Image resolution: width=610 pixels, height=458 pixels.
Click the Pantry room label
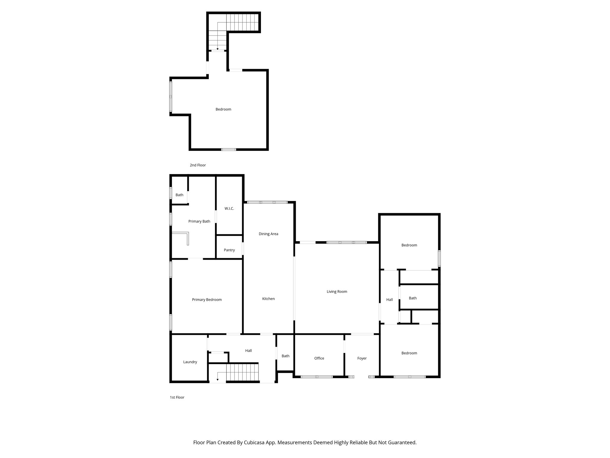(229, 250)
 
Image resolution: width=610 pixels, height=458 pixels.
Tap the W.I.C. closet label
(229, 208)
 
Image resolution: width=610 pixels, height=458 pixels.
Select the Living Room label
(337, 292)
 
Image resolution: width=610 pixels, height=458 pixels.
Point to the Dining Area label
(268, 234)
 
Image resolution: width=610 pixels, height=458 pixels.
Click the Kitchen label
(268, 299)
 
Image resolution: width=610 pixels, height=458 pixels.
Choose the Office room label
(319, 358)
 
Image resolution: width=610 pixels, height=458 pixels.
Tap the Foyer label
(362, 358)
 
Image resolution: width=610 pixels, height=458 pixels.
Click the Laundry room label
(190, 362)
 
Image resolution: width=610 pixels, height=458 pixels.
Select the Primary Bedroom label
(207, 300)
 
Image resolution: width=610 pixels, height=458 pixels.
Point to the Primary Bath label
(199, 221)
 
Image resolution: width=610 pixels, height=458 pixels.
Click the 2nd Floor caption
(198, 165)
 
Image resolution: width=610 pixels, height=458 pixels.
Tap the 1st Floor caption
(177, 397)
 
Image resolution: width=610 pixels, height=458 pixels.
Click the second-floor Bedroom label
(223, 109)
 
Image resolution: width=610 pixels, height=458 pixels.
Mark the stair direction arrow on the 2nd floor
(217, 49)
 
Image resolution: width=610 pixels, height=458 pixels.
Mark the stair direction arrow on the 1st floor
(217, 379)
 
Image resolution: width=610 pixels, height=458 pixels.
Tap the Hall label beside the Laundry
(248, 351)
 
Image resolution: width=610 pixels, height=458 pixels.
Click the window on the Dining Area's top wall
(267, 202)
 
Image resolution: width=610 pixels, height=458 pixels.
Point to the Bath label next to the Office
(285, 356)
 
